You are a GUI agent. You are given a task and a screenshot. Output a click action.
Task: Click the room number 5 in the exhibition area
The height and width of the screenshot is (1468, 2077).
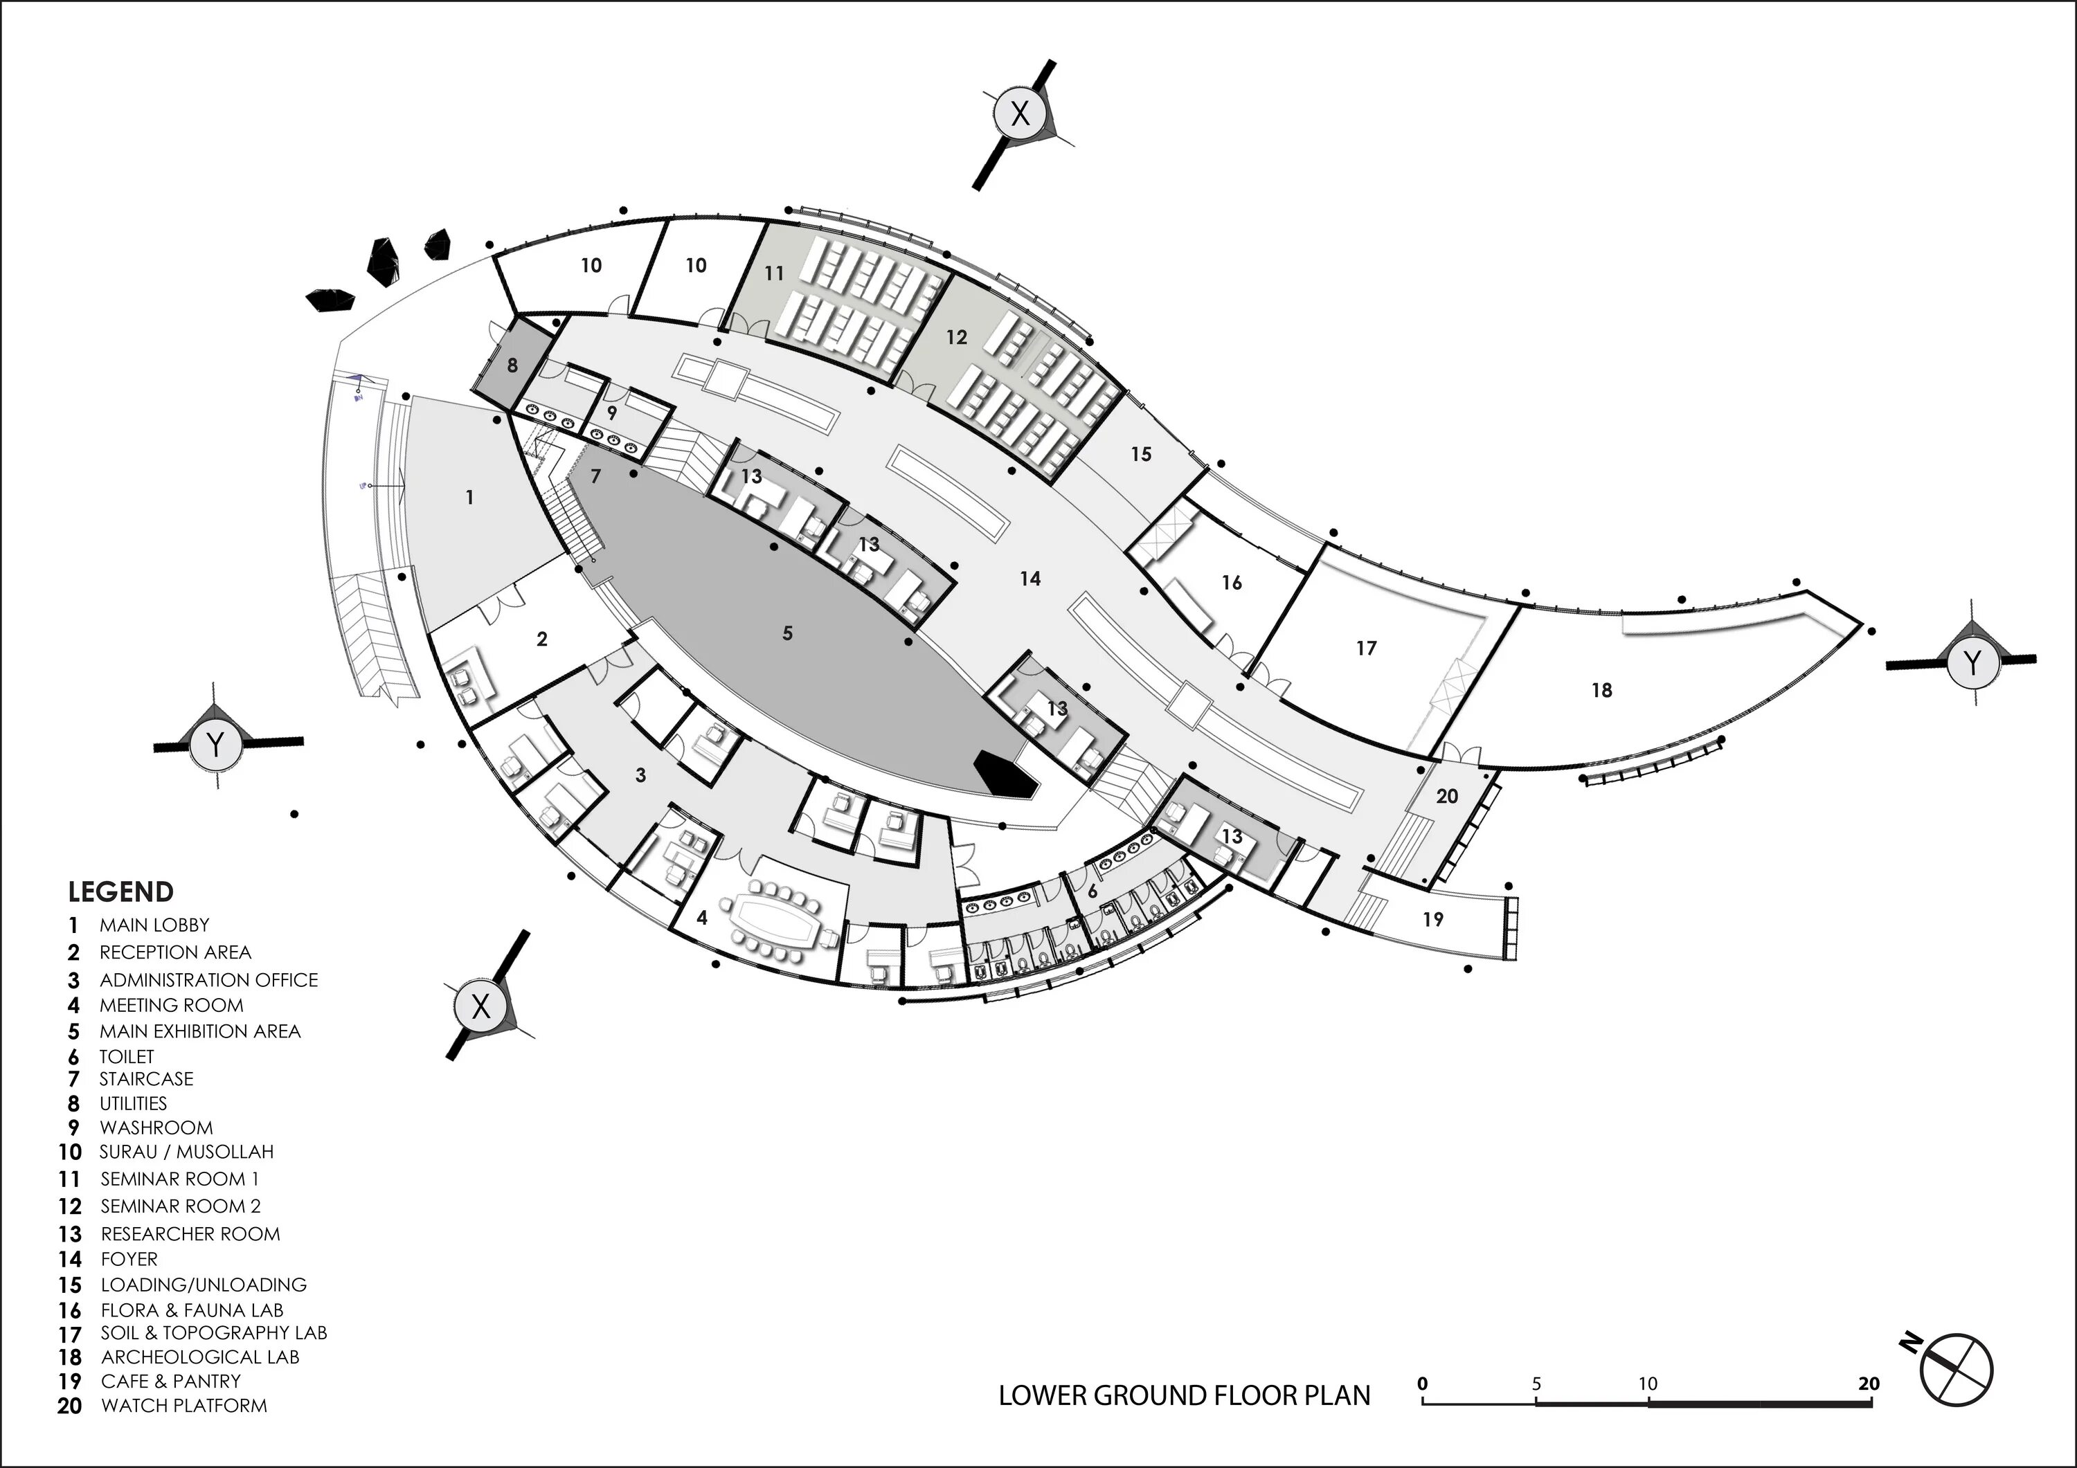(x=787, y=633)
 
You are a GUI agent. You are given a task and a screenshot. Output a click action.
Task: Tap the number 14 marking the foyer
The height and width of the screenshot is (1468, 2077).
(x=1030, y=579)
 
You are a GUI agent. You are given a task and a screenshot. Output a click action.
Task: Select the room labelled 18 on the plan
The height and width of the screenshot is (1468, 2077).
(x=1601, y=690)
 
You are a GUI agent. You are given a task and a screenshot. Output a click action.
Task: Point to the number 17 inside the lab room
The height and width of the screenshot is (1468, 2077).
(x=1366, y=648)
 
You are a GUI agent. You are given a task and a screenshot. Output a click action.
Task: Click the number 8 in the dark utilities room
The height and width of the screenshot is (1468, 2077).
(x=512, y=365)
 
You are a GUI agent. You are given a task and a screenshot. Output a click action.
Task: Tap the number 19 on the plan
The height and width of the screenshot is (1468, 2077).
(x=1433, y=919)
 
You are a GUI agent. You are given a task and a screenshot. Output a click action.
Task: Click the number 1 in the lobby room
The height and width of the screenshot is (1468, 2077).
(x=469, y=498)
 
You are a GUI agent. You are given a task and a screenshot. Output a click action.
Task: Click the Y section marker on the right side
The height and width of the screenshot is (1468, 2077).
(x=1972, y=663)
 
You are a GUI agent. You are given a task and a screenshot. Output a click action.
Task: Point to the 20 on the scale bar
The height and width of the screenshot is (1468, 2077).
(x=1869, y=1383)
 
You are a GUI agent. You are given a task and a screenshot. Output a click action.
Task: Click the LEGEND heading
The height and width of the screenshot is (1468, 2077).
(x=120, y=892)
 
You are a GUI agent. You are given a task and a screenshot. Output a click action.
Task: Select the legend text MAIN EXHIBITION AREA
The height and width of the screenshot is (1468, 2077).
(x=200, y=1031)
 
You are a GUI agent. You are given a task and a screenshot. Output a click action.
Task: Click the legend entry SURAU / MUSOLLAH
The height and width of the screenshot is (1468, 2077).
(x=186, y=1152)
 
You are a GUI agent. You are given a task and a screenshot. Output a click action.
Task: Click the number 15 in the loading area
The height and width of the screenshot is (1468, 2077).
(x=1141, y=453)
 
